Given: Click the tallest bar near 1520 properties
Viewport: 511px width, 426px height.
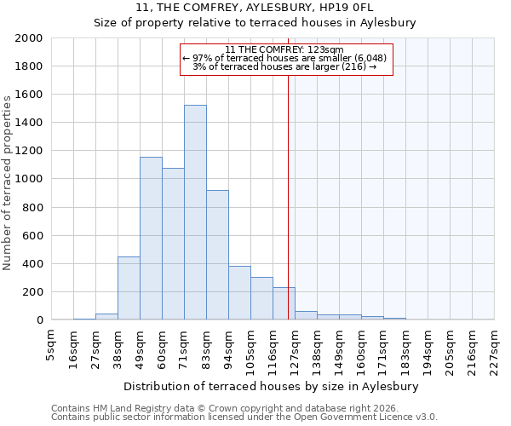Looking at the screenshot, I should click(195, 212).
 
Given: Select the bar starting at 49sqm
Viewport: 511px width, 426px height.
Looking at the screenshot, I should click(151, 239).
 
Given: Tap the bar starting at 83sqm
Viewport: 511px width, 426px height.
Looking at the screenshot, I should click(217, 255).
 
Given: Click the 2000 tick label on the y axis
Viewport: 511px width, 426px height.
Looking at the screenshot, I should click(29, 38).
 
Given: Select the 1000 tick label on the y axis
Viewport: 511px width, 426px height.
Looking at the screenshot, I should click(29, 179).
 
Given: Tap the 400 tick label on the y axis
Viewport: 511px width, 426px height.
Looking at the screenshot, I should click(32, 263).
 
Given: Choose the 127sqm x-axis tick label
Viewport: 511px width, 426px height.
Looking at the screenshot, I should click(295, 350).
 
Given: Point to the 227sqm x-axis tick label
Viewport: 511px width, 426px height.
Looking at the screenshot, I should click(494, 350).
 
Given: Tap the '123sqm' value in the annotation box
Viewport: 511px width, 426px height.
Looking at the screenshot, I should click(325, 49).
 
